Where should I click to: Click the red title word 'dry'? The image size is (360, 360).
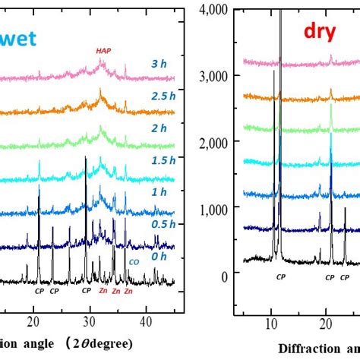tap(321, 31)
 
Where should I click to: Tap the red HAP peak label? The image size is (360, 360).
tap(103, 51)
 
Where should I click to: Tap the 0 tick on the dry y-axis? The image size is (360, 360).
tap(224, 276)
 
